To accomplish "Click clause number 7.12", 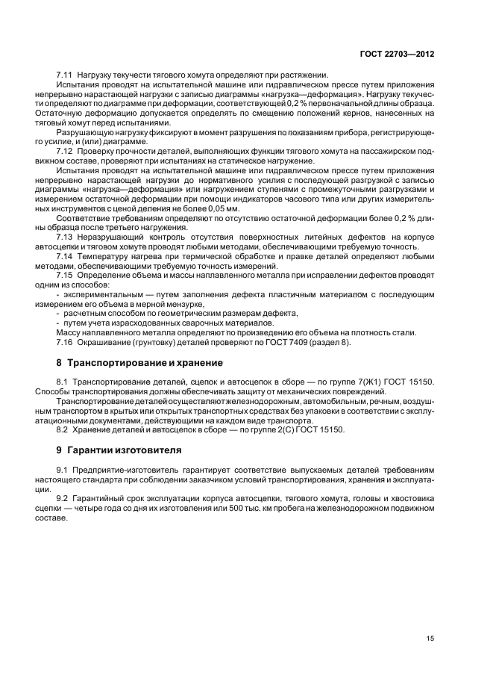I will click(65, 152).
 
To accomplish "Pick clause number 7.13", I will click(65, 237).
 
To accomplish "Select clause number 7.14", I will click(65, 257).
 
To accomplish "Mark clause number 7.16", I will click(65, 342).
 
